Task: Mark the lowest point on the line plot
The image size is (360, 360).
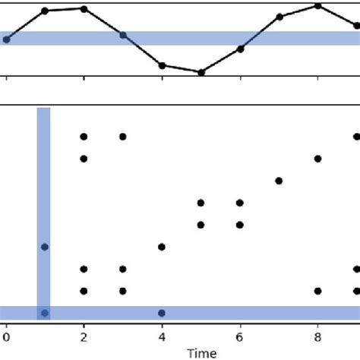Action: pos(201,72)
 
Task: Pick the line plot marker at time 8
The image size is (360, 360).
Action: pos(317,5)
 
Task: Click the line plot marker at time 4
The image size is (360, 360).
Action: pos(162,65)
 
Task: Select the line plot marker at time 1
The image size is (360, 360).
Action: pos(45,11)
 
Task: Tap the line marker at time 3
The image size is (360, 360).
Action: pos(122,35)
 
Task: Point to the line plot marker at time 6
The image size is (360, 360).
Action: pos(240,49)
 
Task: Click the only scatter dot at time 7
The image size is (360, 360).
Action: pos(279,180)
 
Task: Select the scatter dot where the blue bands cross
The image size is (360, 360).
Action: pos(45,313)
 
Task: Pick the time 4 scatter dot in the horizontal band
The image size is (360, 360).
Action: pos(162,313)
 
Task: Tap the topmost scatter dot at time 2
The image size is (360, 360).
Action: pos(84,137)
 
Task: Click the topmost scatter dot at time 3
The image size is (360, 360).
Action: pos(122,137)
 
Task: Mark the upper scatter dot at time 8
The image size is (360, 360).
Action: pos(317,159)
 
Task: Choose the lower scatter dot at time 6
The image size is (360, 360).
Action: pos(240,224)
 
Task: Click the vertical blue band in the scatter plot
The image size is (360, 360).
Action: pos(43,190)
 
